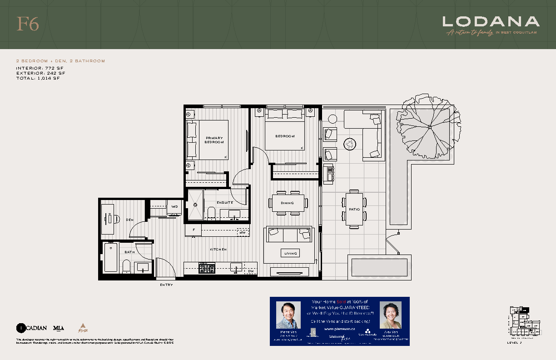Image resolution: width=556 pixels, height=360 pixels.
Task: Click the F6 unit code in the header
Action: click(x=28, y=24)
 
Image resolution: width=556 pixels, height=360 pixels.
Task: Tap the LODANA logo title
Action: click(x=491, y=21)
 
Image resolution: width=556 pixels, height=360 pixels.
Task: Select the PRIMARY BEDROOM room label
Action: click(x=214, y=140)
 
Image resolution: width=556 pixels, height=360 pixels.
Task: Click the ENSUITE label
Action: click(x=225, y=202)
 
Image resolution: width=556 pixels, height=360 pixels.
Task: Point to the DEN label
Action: click(x=130, y=220)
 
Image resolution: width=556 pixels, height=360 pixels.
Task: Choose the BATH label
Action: click(x=130, y=252)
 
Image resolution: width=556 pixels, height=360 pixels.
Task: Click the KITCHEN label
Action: click(x=218, y=250)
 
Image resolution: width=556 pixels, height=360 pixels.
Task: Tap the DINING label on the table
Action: click(x=287, y=203)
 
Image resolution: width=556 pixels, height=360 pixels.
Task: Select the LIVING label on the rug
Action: click(x=291, y=254)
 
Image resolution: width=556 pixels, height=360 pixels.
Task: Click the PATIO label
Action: click(x=354, y=210)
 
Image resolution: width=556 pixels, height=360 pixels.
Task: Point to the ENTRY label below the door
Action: click(x=166, y=285)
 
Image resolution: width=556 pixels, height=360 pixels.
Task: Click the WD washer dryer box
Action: click(x=175, y=207)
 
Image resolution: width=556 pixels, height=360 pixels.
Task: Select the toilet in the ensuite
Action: click(x=211, y=212)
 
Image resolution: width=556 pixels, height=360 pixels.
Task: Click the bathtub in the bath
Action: click(x=111, y=257)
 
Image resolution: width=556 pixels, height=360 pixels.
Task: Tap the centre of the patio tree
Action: click(x=429, y=126)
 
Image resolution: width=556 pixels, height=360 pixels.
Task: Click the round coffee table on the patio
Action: click(x=350, y=144)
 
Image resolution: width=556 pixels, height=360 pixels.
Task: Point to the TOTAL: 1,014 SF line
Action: click(x=38, y=78)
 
